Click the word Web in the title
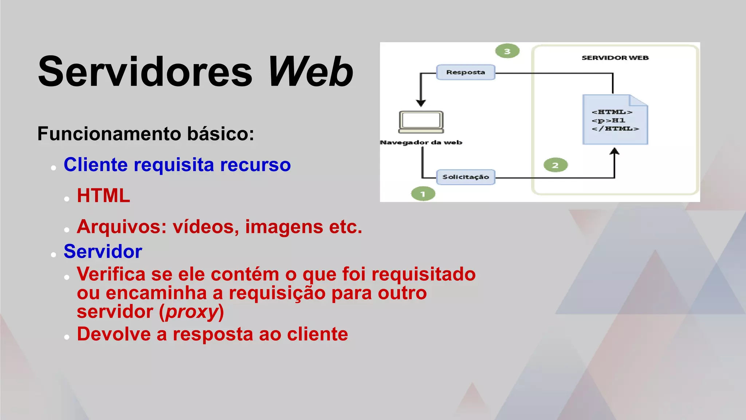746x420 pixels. pyautogui.click(x=310, y=72)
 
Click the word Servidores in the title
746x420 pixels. pyautogui.click(x=145, y=72)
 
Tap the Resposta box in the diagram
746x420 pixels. pyautogui.click(x=466, y=72)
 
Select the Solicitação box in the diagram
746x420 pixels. pyautogui.click(x=466, y=177)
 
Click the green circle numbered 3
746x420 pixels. pyautogui.click(x=507, y=51)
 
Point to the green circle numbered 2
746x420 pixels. pyautogui.click(x=555, y=165)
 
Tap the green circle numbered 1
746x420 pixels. pyautogui.click(x=423, y=194)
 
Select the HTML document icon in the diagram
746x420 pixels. pyautogui.click(x=615, y=120)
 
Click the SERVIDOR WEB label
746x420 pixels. pyautogui.click(x=615, y=58)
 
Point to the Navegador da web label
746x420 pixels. pyautogui.click(x=421, y=143)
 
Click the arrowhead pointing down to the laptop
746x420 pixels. pyautogui.click(x=421, y=103)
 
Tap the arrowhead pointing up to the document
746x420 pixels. pyautogui.click(x=615, y=151)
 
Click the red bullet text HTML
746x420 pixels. pyautogui.click(x=103, y=196)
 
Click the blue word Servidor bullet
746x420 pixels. pyautogui.click(x=103, y=252)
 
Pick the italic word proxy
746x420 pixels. pyautogui.click(x=192, y=312)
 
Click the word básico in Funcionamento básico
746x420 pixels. pyautogui.click(x=220, y=134)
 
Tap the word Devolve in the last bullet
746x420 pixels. pyautogui.click(x=114, y=334)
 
